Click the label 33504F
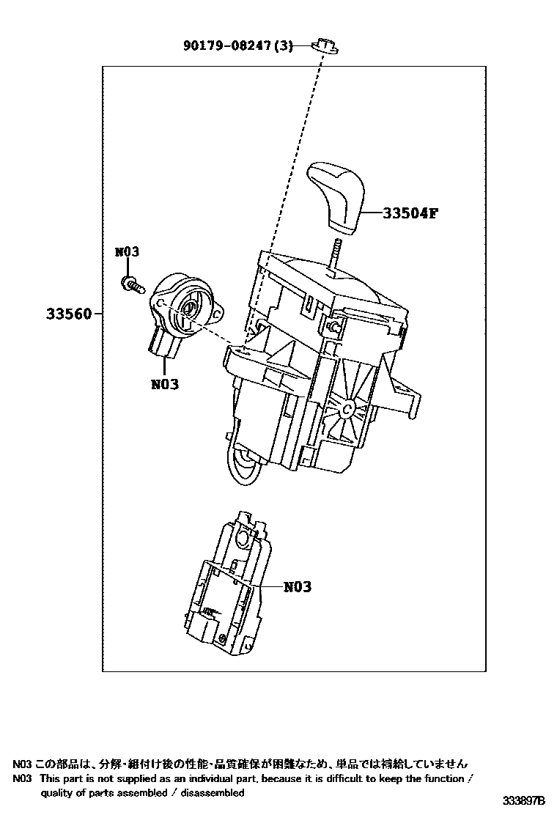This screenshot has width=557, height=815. pos(410,213)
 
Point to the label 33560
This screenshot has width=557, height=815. pos(69,314)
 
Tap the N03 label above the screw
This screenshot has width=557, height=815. pos(127,252)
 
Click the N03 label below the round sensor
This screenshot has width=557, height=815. pos(165,383)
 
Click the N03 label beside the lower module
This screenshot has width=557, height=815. pos(297,587)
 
